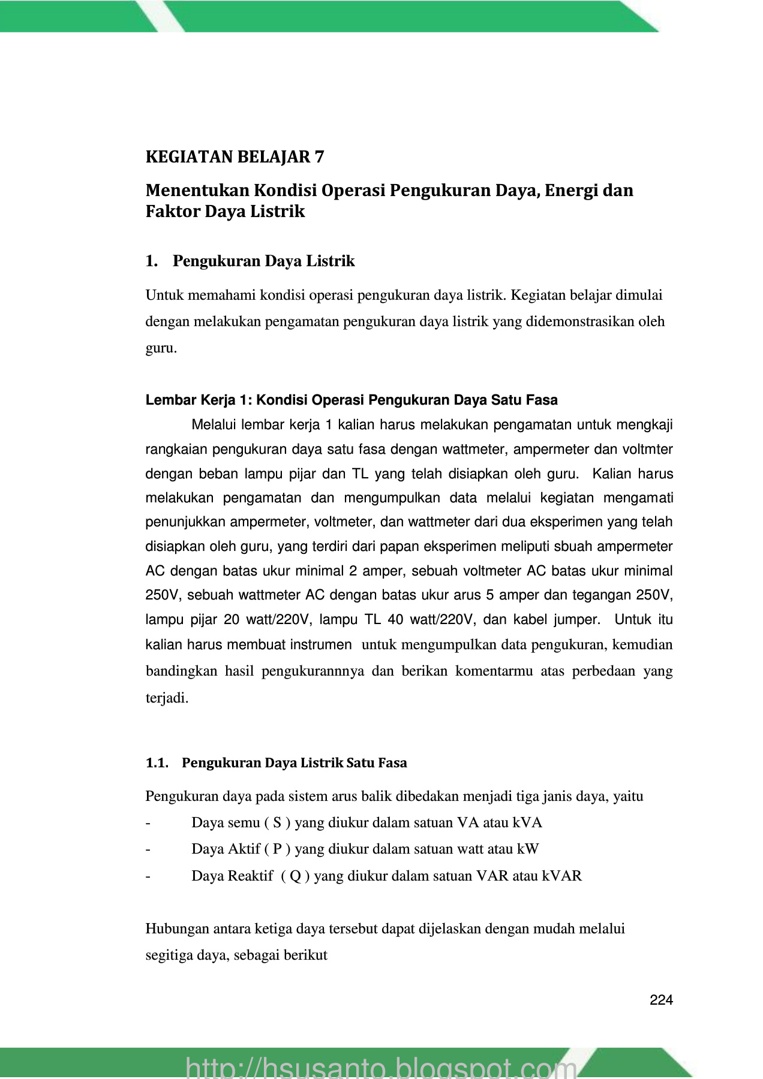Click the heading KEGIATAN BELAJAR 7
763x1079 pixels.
(235, 157)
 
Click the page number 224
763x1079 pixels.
(661, 1000)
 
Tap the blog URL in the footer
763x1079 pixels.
(381, 1067)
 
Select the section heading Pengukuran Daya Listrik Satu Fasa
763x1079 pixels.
(294, 763)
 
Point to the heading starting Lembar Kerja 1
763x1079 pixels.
(352, 400)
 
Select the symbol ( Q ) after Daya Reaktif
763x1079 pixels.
(296, 876)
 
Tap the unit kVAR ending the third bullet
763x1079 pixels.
(561, 876)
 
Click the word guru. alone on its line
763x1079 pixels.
(161, 348)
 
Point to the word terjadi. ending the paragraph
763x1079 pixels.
(167, 698)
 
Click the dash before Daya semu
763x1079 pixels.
(148, 822)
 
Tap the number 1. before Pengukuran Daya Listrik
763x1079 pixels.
(151, 261)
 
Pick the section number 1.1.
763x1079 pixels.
(157, 763)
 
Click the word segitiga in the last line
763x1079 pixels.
(168, 955)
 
